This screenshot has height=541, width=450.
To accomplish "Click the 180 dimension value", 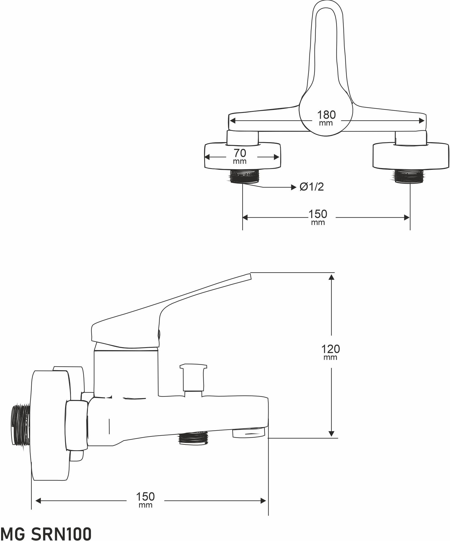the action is (326, 115).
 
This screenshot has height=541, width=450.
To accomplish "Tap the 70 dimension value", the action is (240, 153).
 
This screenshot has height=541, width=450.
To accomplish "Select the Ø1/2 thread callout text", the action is (312, 187).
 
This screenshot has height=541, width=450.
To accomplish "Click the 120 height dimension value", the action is (331, 349).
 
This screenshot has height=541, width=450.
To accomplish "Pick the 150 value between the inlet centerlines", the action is (318, 214).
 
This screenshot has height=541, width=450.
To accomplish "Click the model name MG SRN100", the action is (46, 533).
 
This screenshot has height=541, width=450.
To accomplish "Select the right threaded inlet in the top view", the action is (409, 176).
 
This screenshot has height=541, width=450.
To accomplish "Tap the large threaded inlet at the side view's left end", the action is (21, 426).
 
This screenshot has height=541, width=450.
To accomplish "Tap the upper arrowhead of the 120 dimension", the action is (331, 277).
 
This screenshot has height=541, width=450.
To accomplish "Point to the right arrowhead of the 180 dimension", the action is (422, 121).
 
